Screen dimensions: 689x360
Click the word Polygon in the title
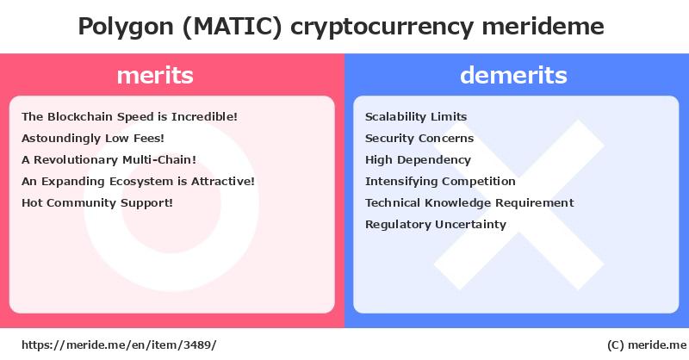click(x=126, y=28)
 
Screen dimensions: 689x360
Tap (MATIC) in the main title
click(x=232, y=27)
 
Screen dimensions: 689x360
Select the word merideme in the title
click(x=543, y=26)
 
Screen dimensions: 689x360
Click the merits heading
click(x=155, y=75)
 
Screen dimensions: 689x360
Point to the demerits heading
click(x=513, y=75)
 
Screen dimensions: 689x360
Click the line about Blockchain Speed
click(x=130, y=117)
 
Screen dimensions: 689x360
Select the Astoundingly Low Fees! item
click(x=93, y=139)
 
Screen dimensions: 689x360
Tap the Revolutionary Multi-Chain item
click(x=109, y=159)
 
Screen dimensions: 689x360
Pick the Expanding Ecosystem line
click(x=138, y=181)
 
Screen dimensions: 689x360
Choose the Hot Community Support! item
click(x=97, y=203)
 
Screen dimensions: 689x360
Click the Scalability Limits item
click(x=416, y=117)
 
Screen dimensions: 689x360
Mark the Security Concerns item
click(x=419, y=139)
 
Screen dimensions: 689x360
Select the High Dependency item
click(x=418, y=160)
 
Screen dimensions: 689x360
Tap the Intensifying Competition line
click(x=440, y=182)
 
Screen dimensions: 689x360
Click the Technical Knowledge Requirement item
click(x=469, y=203)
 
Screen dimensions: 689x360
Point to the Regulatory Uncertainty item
click(x=436, y=225)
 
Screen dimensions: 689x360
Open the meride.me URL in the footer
click(x=119, y=345)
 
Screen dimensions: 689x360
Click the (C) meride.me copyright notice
click(x=647, y=345)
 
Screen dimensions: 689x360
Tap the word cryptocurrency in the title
click(x=382, y=28)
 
